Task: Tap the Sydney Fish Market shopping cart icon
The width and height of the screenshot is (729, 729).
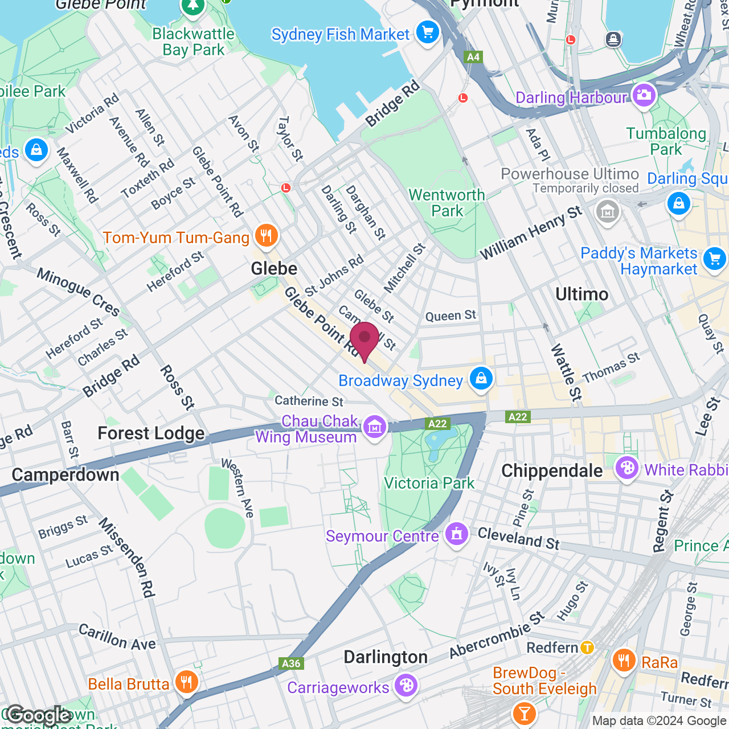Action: (x=427, y=32)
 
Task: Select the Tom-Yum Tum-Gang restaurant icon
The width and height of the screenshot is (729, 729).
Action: (x=266, y=236)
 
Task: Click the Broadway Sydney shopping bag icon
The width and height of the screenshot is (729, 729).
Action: (x=481, y=378)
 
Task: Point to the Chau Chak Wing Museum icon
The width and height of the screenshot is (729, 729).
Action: (x=374, y=427)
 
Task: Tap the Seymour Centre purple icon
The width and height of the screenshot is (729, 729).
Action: (x=457, y=534)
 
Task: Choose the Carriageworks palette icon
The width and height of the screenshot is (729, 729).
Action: (x=406, y=685)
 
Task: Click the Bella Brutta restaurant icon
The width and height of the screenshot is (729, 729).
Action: (x=186, y=682)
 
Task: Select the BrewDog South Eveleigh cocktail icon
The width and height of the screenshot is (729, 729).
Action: (x=524, y=712)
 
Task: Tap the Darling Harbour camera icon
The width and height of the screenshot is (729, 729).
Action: (x=644, y=95)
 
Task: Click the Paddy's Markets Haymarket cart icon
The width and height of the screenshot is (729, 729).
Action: (x=714, y=259)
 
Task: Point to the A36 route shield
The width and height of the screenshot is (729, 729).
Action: (x=291, y=663)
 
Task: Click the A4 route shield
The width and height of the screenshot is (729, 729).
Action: (x=473, y=57)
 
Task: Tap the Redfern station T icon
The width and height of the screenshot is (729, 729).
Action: (x=587, y=648)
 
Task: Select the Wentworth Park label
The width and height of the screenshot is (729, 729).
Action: (x=447, y=203)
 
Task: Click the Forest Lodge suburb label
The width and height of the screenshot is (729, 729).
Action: (x=151, y=433)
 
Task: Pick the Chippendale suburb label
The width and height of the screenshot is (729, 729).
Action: (x=552, y=470)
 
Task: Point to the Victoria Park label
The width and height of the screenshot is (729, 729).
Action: (x=429, y=483)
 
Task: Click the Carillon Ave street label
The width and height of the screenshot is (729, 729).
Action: (x=117, y=637)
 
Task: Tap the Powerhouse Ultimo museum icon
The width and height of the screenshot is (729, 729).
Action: (x=607, y=212)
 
